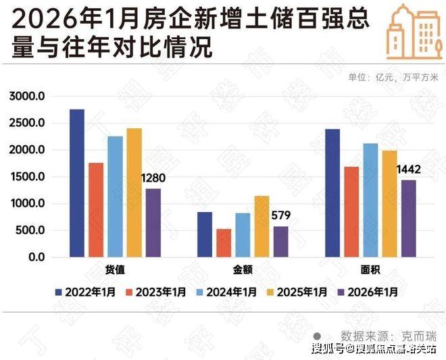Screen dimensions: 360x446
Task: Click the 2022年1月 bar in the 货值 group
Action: point(77,183)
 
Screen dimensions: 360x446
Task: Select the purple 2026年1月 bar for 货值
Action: point(153,223)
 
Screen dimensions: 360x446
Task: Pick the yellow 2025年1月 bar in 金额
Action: point(262,227)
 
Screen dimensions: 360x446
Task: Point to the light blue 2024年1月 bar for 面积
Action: point(370,201)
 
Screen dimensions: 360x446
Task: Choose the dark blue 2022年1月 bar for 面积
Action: point(332,193)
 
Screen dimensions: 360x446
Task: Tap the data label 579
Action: point(280,217)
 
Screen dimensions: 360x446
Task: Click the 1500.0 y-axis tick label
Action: point(27,177)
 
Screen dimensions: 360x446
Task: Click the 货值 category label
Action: point(116,269)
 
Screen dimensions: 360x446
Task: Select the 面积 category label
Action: point(370,269)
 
